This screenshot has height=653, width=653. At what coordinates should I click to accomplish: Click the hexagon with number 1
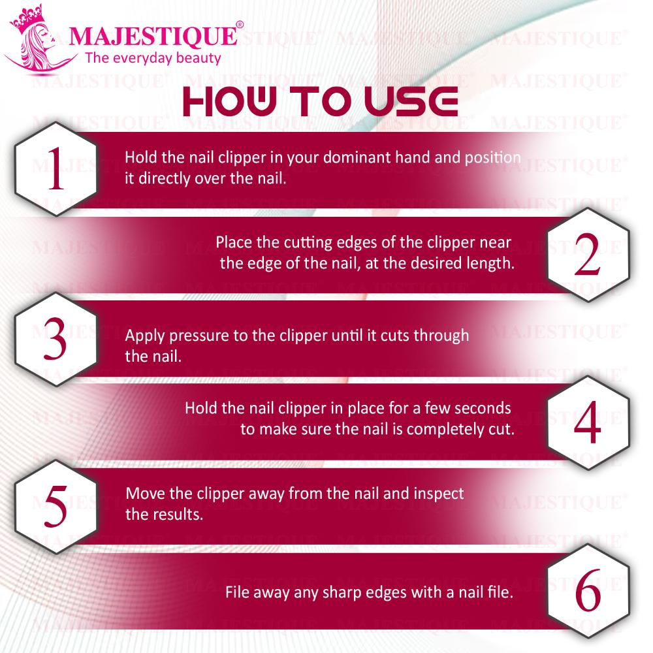coord(56,169)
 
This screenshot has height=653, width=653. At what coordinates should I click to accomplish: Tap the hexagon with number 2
coord(588,255)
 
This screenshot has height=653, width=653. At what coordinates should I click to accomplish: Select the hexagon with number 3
coord(56,340)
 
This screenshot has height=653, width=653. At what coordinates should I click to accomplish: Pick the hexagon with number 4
coord(588,422)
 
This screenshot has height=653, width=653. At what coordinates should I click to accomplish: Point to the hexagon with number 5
coord(56,507)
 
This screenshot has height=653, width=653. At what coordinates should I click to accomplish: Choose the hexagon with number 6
coord(588,591)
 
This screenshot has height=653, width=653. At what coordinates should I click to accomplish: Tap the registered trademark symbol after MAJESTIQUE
coord(240,25)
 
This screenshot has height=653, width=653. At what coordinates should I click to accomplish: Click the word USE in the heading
coord(411,102)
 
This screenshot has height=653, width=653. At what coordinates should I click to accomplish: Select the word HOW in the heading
coord(230,102)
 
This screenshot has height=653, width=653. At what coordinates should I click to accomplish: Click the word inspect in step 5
coord(439,494)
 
